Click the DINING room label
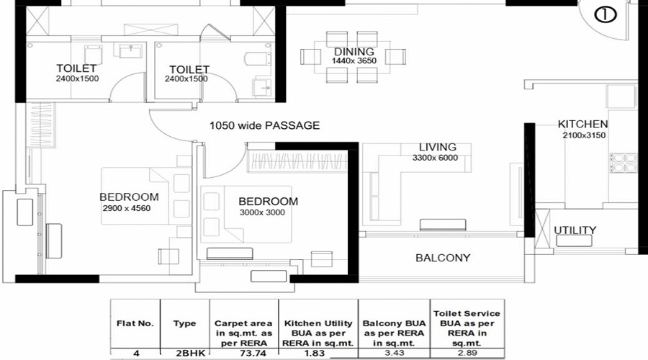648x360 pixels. [354, 52]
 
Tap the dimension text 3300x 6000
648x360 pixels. [435, 158]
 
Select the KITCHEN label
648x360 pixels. [582, 124]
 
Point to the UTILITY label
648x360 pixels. [575, 230]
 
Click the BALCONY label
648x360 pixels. [443, 258]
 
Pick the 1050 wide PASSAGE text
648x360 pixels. [264, 125]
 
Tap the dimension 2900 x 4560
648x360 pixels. [127, 208]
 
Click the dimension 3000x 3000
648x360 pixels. [262, 212]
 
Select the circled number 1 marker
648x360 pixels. [606, 15]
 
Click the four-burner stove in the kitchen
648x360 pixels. [624, 162]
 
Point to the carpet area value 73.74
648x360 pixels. [253, 354]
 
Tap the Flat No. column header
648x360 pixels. [135, 323]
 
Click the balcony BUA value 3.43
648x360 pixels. [395, 353]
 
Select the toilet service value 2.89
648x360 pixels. [467, 353]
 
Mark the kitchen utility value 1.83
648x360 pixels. [318, 354]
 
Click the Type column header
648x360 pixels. [184, 323]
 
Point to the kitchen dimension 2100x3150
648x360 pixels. [584, 135]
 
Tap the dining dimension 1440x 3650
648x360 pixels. [354, 60]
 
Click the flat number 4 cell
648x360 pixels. [136, 354]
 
